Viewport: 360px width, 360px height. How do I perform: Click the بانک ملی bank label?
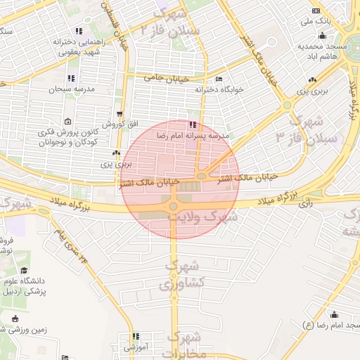pos(314,22)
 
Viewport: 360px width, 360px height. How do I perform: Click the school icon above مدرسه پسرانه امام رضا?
pos(193,124)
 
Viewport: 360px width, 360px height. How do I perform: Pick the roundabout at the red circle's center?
pos(173,205)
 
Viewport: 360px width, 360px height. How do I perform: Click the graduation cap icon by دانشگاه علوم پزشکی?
pos(24,270)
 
